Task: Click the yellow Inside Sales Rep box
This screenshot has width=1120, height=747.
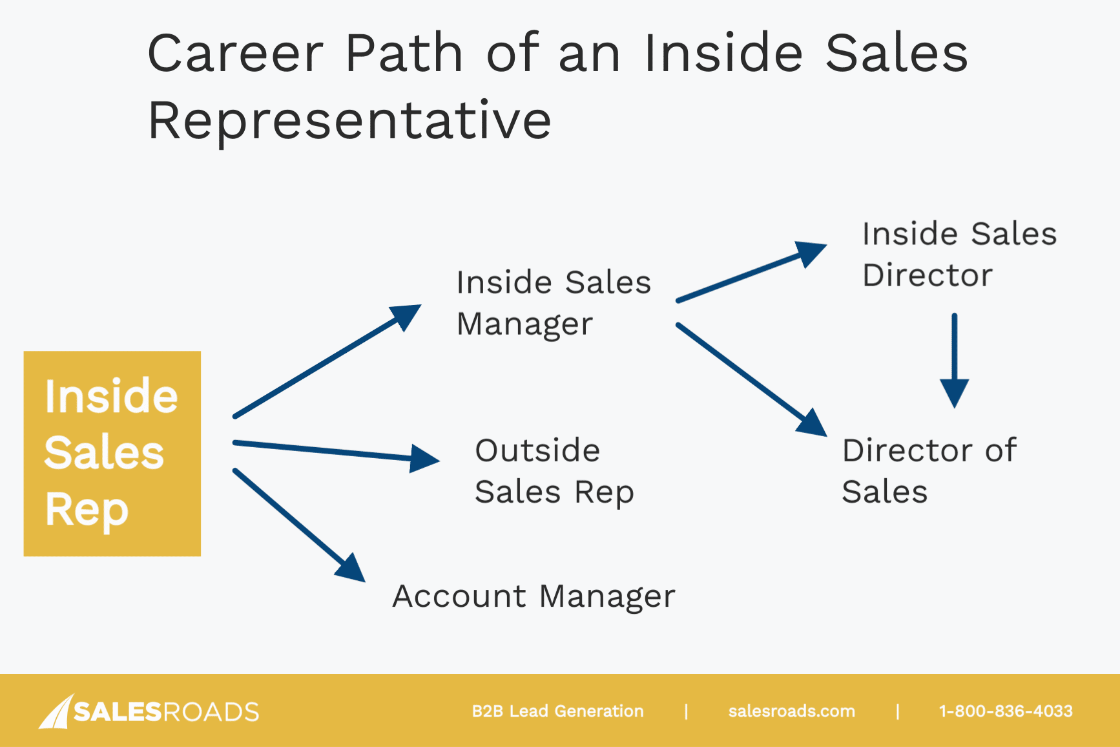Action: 112,453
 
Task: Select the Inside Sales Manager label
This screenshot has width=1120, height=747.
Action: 553,303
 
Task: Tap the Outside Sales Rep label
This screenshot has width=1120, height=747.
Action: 554,471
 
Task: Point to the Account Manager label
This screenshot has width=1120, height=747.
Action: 534,596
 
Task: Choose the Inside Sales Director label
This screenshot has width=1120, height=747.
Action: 959,254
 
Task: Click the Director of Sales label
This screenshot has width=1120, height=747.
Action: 929,470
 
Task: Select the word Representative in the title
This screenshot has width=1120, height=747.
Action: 349,120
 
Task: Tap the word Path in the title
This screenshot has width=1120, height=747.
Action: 404,53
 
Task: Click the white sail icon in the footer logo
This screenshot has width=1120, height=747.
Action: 56,711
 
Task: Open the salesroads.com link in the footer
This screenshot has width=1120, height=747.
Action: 791,711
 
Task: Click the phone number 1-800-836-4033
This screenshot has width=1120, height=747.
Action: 1005,711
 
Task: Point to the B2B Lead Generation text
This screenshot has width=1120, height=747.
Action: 557,711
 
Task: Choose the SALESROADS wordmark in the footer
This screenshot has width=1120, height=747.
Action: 166,711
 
